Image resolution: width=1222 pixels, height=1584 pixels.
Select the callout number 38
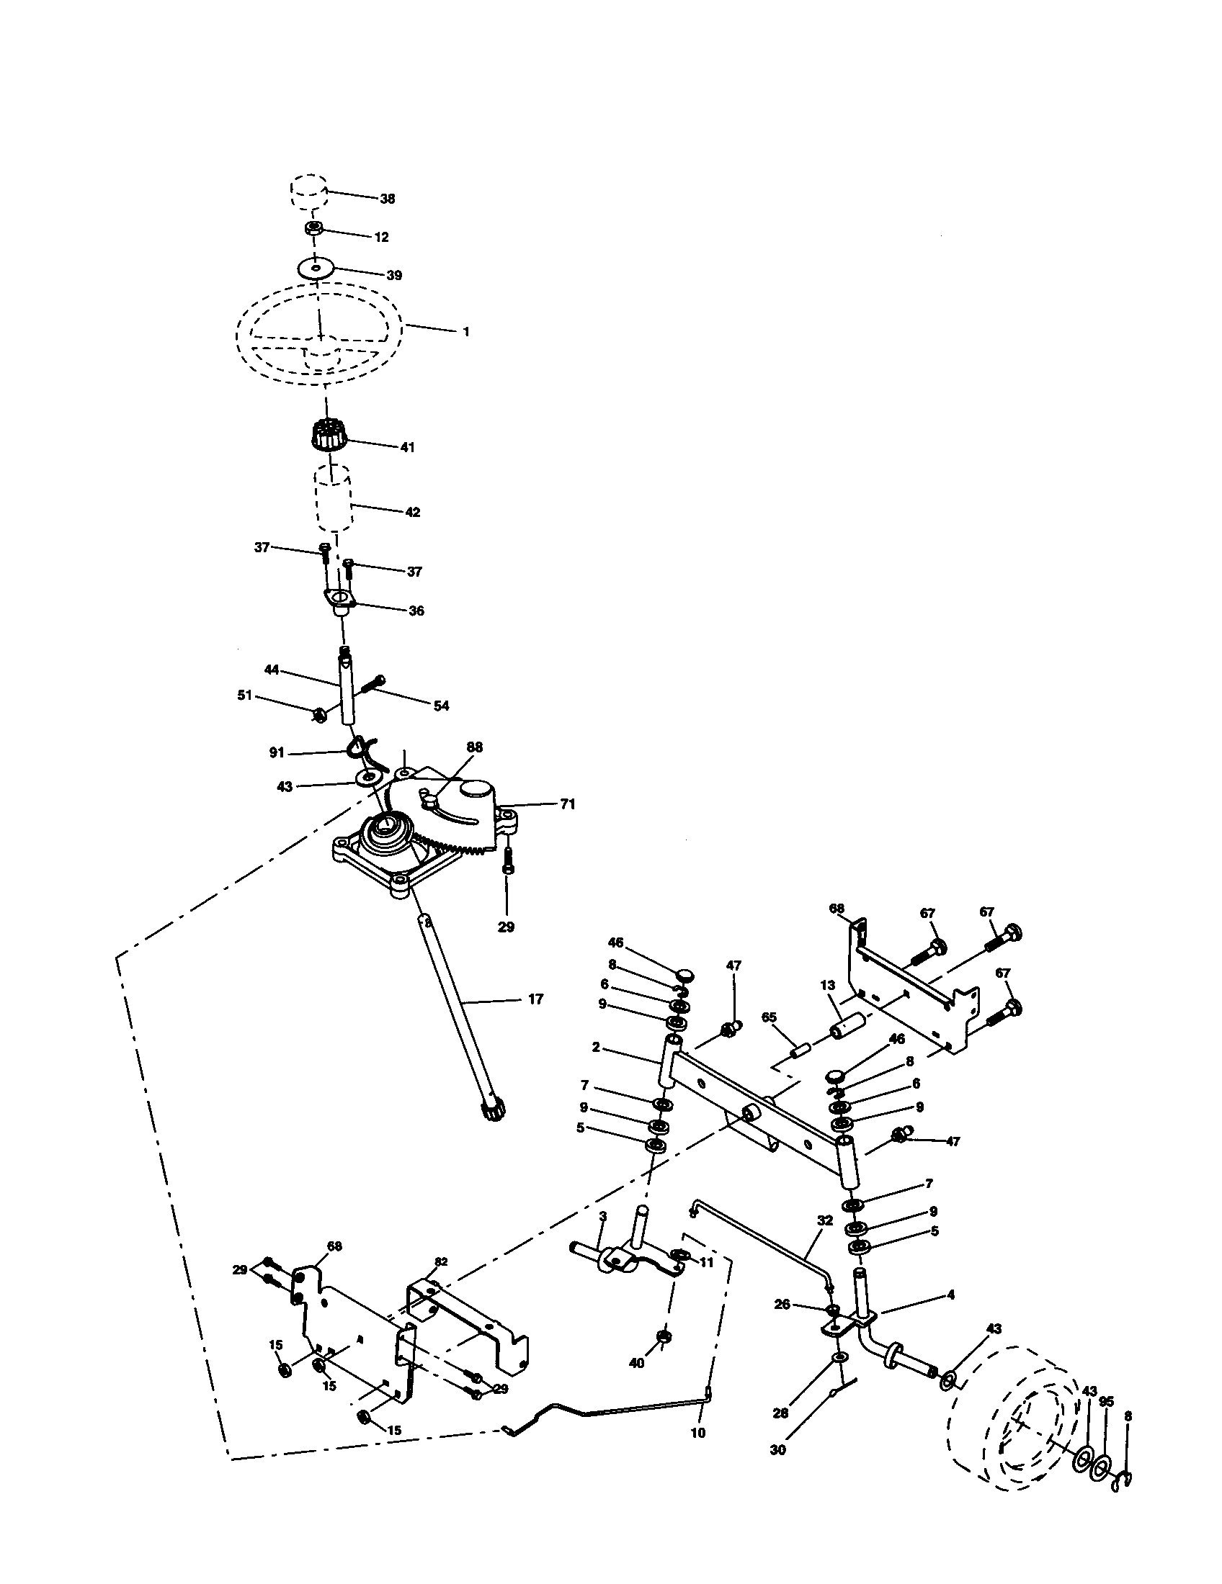388,199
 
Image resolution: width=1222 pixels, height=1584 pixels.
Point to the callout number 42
412,512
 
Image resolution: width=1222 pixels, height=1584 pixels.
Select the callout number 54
441,706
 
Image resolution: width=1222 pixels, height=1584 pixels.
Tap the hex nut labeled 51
318,715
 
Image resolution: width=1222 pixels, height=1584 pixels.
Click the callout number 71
568,804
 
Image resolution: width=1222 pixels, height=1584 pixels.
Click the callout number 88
475,747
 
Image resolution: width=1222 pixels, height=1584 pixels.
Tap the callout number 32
824,1220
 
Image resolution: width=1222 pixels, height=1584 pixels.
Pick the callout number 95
1106,1402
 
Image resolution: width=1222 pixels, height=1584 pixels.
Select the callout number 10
698,1433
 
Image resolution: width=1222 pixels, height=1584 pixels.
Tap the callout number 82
441,1262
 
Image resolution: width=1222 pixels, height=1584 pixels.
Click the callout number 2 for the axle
596,1068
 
